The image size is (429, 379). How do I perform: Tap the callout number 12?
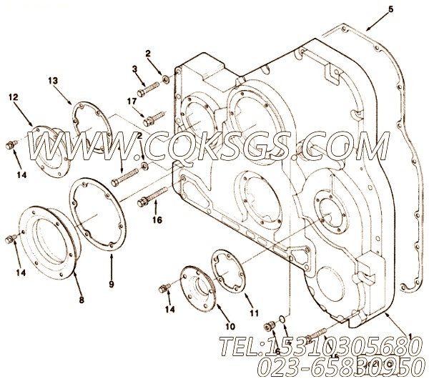(14, 96)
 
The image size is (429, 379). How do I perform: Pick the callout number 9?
(111, 265)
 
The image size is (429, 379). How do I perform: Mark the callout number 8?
(81, 300)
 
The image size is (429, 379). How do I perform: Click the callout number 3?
(134, 68)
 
